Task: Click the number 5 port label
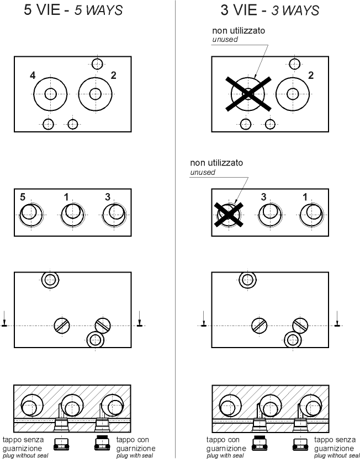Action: point(22,197)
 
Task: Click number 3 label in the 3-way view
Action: point(263,197)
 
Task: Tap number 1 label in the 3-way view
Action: point(305,197)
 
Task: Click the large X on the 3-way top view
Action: point(248,94)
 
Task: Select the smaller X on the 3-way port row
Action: point(229,214)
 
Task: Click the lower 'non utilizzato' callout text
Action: point(216,163)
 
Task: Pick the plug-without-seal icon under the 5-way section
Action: point(61,444)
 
